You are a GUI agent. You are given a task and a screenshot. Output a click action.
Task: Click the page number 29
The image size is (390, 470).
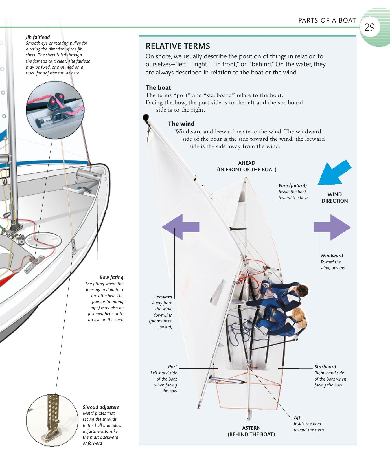pos(369,27)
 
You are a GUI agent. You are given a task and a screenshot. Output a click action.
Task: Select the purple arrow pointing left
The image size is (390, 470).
pos(181,227)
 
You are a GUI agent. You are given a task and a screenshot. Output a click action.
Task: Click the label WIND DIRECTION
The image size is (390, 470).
pos(335,197)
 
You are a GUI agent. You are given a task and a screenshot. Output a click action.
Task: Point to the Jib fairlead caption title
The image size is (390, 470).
pos(38,37)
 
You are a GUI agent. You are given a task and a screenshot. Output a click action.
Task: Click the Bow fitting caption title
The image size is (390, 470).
pos(111,277)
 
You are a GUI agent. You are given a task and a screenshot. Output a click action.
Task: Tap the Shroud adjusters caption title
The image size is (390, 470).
pos(101,407)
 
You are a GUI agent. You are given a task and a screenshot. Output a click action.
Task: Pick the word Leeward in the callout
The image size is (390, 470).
pos(163,297)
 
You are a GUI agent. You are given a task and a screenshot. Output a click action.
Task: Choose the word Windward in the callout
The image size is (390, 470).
pos(332,256)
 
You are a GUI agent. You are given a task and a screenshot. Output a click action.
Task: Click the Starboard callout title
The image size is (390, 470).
pos(325,367)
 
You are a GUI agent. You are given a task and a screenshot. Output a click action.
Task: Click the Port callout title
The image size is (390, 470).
pos(172,367)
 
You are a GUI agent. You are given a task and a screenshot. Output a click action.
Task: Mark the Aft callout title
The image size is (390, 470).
pos(297,418)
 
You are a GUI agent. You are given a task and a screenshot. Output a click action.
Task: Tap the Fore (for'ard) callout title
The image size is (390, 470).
pos(293,186)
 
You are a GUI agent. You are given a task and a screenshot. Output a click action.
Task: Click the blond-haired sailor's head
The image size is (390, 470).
pos(299,318)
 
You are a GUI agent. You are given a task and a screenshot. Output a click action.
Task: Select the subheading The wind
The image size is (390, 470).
pos(181,124)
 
